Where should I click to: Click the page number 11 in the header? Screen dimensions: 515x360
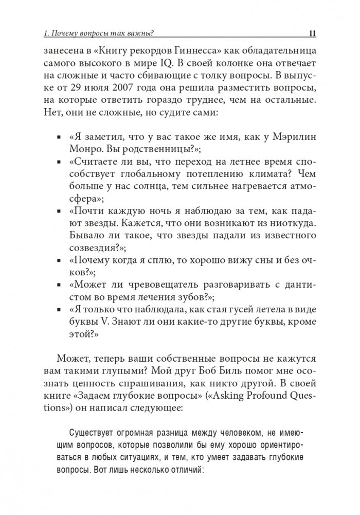click(312, 34)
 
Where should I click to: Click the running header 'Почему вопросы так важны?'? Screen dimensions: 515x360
click(103, 34)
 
